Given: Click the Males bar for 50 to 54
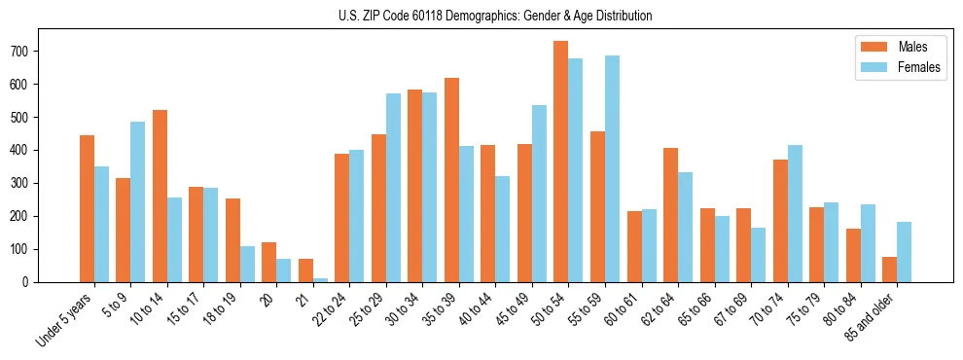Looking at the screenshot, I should [x=561, y=162].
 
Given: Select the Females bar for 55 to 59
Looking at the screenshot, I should [x=612, y=168].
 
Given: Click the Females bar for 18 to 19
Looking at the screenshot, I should [x=247, y=264].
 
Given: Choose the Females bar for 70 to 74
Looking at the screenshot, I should [x=795, y=213].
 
